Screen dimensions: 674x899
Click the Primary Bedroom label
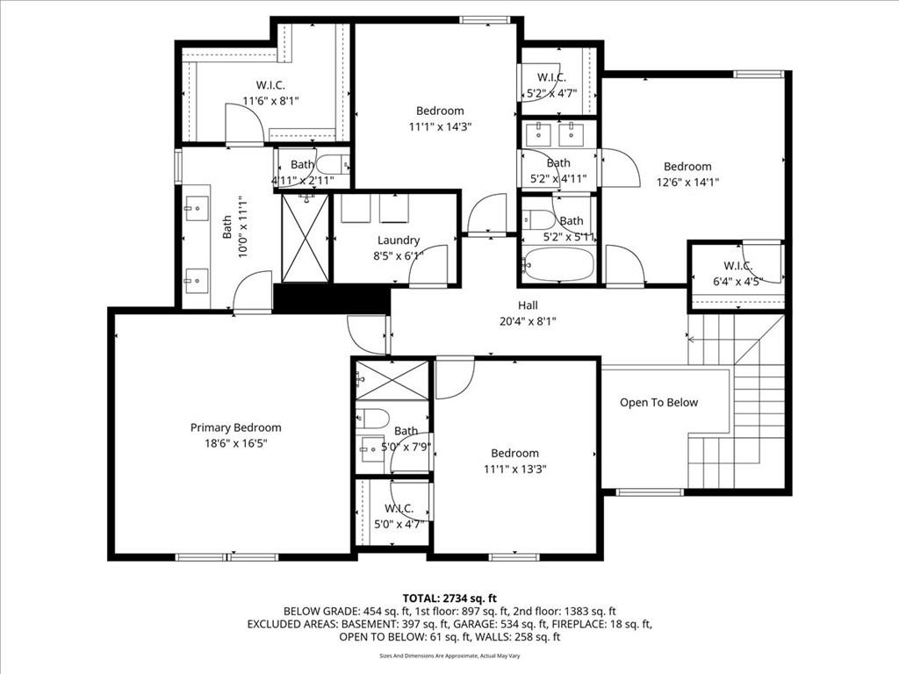point(235,427)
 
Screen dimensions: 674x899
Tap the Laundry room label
point(399,240)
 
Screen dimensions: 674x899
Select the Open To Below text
point(658,403)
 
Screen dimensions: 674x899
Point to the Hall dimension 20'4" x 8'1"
point(528,321)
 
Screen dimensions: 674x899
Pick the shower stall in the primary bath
point(305,238)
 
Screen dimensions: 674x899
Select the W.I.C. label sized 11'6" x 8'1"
point(270,85)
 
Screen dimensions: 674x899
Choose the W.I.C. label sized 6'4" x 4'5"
point(737,266)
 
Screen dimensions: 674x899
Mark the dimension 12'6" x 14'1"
point(687,183)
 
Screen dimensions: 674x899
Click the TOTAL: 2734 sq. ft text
point(449,596)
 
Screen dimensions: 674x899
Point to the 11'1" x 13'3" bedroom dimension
point(514,469)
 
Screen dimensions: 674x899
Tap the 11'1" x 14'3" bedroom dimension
point(440,126)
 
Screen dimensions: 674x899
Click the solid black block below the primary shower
point(330,298)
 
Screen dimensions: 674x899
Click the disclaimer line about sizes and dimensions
point(449,656)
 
